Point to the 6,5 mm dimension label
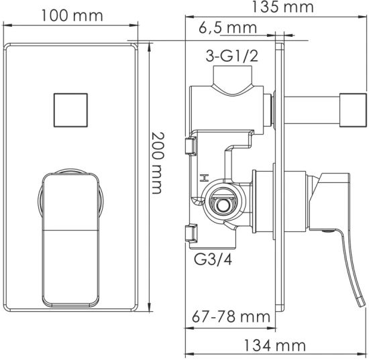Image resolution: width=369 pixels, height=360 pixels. coord(228,27)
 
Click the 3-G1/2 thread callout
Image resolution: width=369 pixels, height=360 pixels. coord(231,59)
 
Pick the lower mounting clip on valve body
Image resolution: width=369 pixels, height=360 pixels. coord(190,234)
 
